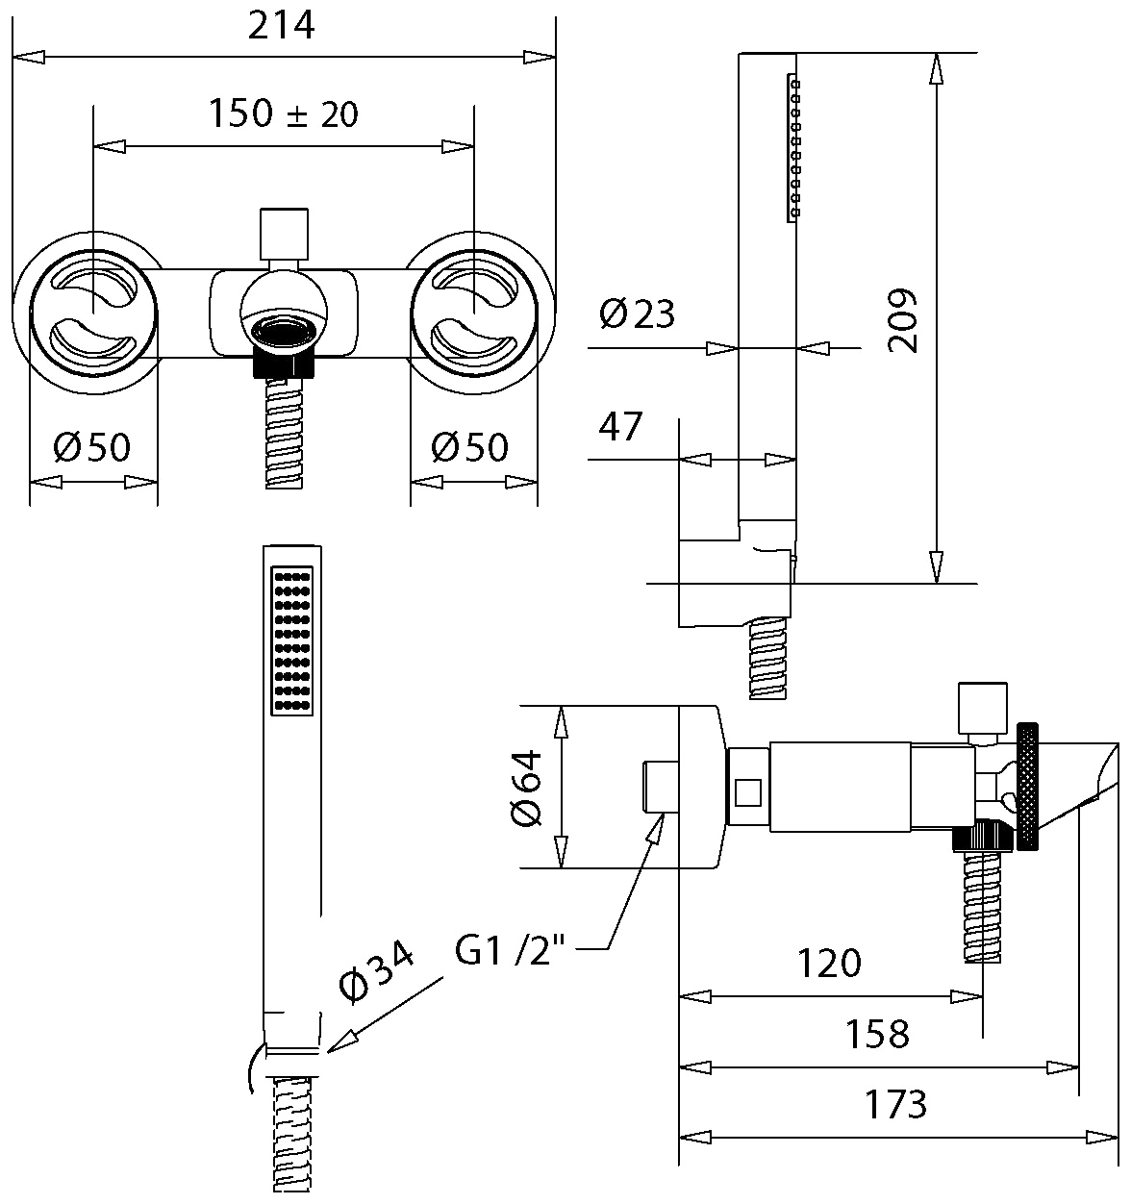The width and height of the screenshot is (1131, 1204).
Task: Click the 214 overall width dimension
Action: pos(281,26)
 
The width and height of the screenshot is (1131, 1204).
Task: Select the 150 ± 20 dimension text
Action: pos(283,113)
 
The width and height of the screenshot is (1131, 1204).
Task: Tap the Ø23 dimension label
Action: pos(637,314)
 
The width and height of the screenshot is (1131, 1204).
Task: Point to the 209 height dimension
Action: pos(902,320)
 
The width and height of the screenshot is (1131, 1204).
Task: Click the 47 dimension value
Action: pos(619,427)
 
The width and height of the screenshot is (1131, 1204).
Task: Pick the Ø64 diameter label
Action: pos(526,789)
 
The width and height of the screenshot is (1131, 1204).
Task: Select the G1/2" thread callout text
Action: pos(510,950)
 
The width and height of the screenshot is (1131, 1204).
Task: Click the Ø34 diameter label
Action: pos(376,972)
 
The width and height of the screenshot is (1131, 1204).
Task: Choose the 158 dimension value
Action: pos(877,1034)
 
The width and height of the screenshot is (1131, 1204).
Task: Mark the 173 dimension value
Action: pos(895,1104)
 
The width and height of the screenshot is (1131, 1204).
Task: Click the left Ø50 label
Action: pos(91,447)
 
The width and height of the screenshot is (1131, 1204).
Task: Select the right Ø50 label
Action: pos(470,447)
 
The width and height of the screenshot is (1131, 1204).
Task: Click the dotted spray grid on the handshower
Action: pos(292,640)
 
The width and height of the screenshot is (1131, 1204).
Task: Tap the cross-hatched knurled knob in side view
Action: pos(1027,787)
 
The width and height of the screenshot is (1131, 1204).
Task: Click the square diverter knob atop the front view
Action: pos(284,235)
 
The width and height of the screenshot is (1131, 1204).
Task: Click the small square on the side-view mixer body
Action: pos(747,792)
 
